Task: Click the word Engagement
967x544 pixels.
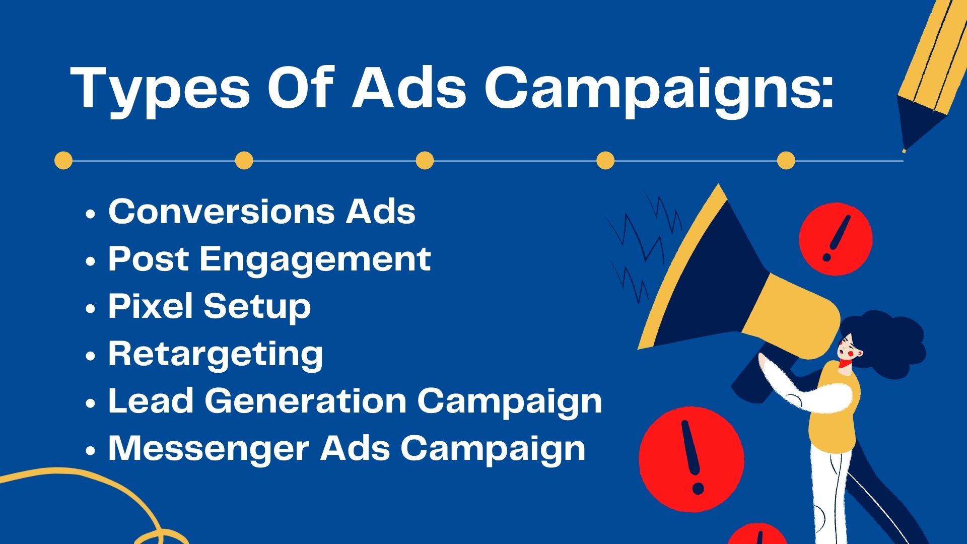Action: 315,260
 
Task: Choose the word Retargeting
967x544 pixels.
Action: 216,355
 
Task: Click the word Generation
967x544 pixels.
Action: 305,401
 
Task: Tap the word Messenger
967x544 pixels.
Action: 208,448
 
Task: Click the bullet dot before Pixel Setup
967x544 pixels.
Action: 91,309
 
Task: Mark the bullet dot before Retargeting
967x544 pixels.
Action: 91,356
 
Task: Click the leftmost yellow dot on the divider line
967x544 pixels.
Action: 63,161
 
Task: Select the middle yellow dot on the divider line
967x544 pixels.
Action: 425,161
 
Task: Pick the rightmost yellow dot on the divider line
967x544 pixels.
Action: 786,161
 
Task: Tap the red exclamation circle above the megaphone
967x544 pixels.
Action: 836,239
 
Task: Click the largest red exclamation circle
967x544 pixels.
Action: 691,459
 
